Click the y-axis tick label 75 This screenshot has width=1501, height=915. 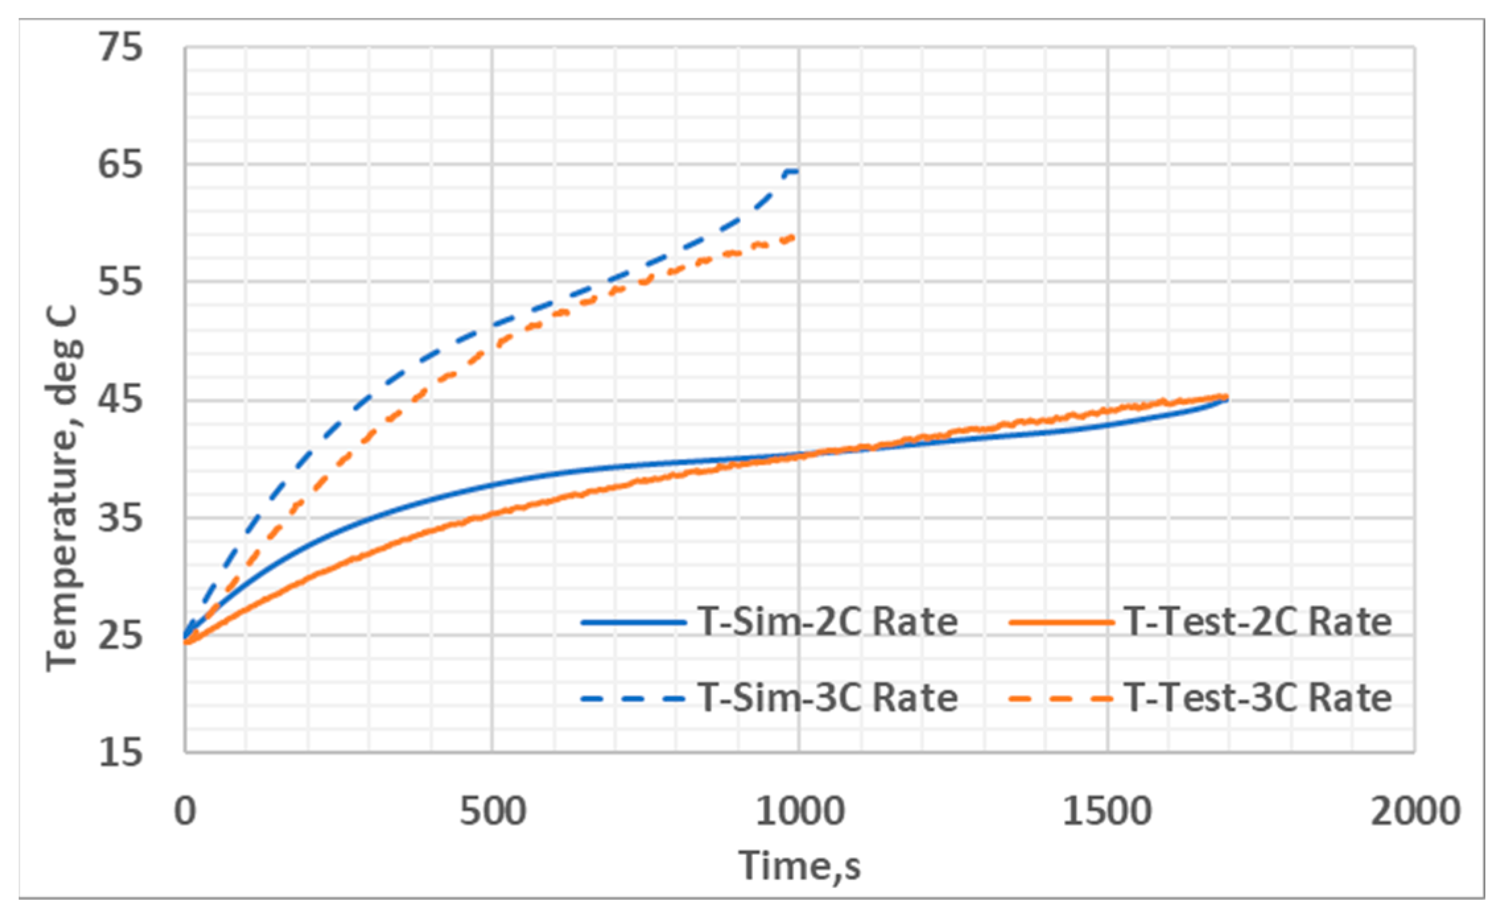click(x=120, y=47)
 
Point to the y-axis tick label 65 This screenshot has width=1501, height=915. click(x=120, y=164)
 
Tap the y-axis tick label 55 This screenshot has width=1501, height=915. click(x=120, y=282)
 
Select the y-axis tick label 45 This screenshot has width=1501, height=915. click(x=120, y=400)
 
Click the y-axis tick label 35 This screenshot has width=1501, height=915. click(x=120, y=518)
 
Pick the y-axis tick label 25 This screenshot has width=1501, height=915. click(x=120, y=635)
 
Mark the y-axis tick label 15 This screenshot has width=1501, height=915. click(x=120, y=752)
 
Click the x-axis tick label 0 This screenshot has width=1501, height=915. click(x=185, y=811)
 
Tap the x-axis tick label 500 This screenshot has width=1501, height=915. click(x=492, y=811)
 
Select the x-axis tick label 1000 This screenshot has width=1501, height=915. click(x=800, y=811)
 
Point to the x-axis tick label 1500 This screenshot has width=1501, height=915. click(x=1107, y=811)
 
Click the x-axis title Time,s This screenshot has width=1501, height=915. click(x=800, y=866)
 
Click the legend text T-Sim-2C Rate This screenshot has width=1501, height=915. click(x=827, y=622)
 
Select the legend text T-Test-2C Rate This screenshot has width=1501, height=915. click(x=1258, y=622)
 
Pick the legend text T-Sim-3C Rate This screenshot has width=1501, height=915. click(x=827, y=698)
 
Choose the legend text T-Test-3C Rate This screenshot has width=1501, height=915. click(x=1258, y=698)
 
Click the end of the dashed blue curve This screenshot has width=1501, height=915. click(x=797, y=172)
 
